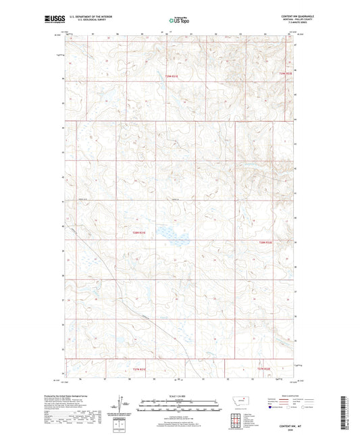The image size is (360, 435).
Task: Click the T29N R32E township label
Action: (286, 73)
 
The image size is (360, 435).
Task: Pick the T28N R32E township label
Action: (265, 242)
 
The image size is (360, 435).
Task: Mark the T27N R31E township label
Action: (138, 369)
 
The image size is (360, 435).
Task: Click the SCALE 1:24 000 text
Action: (179, 396)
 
